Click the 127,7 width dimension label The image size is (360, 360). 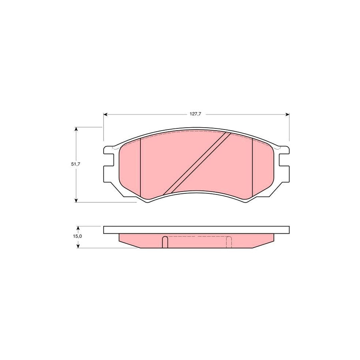[x=195, y=114]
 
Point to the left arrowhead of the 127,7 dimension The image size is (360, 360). [x=105, y=114]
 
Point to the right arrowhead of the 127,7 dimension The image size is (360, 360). [x=287, y=114]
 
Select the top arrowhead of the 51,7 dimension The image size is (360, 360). [x=76, y=129]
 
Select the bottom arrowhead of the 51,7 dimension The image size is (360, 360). [x=76, y=200]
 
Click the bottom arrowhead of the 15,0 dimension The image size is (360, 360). [x=78, y=246]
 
